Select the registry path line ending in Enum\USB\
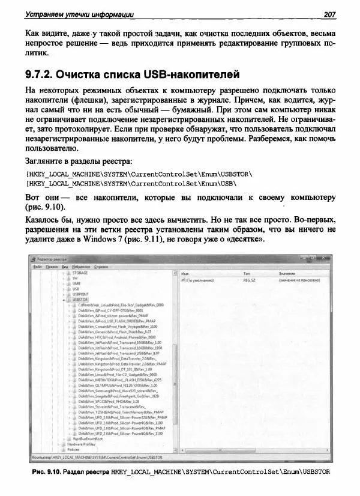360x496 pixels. tap(131, 184)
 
